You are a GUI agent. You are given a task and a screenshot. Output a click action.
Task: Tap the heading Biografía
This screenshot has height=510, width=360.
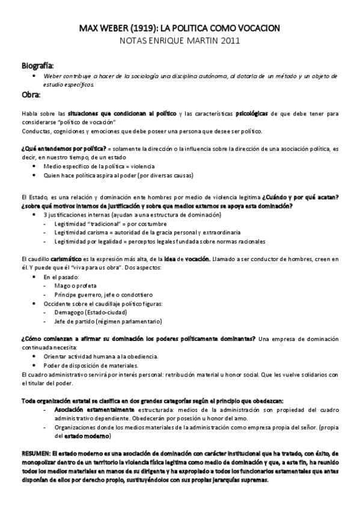click(x=38, y=64)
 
